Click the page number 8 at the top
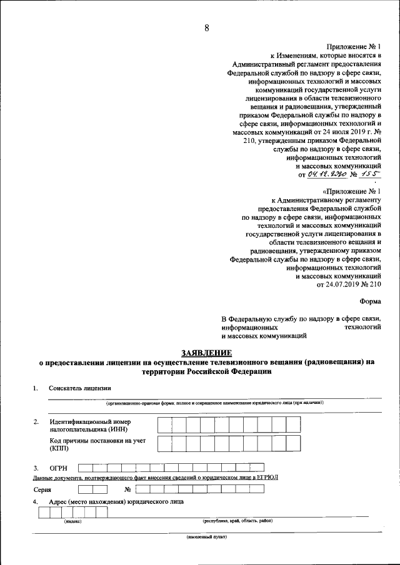[x=207, y=27]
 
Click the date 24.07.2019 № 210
[x=349, y=284]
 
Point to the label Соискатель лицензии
[x=79, y=388]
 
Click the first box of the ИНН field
[x=164, y=425]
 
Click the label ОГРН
[x=58, y=468]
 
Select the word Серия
[x=42, y=489]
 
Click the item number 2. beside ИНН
[x=36, y=422]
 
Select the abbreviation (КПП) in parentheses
[x=58, y=448]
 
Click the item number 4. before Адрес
[x=36, y=502]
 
